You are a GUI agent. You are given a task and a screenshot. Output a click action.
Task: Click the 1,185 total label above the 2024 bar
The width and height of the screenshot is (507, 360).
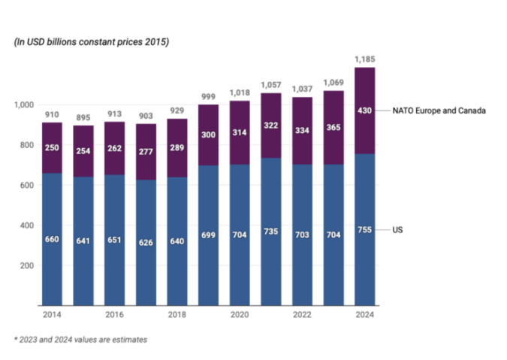(x=365, y=59)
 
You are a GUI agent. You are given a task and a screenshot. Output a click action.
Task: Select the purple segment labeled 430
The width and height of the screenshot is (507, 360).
(x=365, y=110)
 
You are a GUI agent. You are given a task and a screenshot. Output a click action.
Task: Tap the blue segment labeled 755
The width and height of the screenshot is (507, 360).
(x=365, y=230)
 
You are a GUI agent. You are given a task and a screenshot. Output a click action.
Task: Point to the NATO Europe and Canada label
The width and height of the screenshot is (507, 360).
(x=439, y=110)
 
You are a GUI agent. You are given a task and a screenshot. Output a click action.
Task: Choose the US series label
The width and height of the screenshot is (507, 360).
(x=397, y=230)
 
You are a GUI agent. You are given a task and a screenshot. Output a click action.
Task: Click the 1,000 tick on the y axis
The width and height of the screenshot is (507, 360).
(x=23, y=104)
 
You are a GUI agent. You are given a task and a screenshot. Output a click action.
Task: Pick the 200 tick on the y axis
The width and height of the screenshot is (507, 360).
(x=27, y=265)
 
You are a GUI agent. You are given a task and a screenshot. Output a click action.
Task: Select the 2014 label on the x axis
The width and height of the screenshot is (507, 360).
(x=52, y=314)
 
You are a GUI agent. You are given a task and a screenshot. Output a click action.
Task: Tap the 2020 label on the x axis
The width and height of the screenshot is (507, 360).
(x=240, y=314)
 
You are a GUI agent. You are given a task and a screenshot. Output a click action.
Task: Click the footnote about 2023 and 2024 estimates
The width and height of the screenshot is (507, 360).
(x=80, y=340)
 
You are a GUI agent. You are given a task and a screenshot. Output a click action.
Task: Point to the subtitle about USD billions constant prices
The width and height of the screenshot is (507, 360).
(x=92, y=42)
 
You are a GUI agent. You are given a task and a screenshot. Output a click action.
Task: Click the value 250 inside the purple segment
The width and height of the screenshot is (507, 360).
(x=52, y=148)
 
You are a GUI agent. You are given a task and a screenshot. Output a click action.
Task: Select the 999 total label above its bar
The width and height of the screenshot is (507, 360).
(x=208, y=97)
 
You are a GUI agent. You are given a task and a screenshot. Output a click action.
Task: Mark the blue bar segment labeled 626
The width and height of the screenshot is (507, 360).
(x=146, y=243)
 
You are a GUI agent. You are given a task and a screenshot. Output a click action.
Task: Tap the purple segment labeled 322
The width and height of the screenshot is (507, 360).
(x=271, y=126)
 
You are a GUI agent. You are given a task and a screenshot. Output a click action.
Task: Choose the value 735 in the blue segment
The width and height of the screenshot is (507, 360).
(x=271, y=231)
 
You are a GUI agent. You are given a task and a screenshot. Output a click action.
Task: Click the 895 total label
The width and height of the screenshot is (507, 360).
(x=83, y=118)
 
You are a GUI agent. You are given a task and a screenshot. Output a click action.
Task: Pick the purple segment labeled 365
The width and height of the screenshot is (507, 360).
(x=333, y=128)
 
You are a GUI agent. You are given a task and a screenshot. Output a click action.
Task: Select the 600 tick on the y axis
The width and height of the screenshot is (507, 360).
(x=27, y=186)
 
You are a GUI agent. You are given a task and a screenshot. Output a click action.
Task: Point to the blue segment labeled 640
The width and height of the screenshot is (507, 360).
(x=177, y=241)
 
